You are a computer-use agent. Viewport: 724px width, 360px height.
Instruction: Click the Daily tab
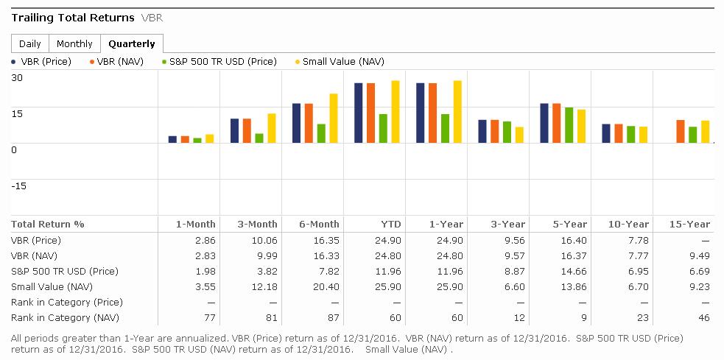point(30,43)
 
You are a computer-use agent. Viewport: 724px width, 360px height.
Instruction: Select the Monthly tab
point(74,43)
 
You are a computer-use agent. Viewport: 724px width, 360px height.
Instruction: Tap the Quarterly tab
point(132,43)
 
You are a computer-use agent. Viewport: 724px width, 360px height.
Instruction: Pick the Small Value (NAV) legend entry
point(342,62)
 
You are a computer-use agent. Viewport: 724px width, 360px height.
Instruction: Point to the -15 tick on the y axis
point(18,186)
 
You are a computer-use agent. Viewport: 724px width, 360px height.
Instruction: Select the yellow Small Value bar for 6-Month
point(334,118)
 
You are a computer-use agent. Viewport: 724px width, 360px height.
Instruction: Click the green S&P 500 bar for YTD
point(383,128)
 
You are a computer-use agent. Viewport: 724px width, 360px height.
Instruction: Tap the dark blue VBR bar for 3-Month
point(235,130)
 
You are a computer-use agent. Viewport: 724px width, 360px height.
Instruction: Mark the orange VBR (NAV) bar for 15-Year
point(681,131)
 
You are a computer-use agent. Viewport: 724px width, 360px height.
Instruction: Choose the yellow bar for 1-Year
point(457,111)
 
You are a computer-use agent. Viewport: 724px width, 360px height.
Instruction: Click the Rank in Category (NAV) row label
point(57,317)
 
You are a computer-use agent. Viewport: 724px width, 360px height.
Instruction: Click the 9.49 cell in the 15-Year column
point(700,255)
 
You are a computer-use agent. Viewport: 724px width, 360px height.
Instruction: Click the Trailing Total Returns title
point(73,17)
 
